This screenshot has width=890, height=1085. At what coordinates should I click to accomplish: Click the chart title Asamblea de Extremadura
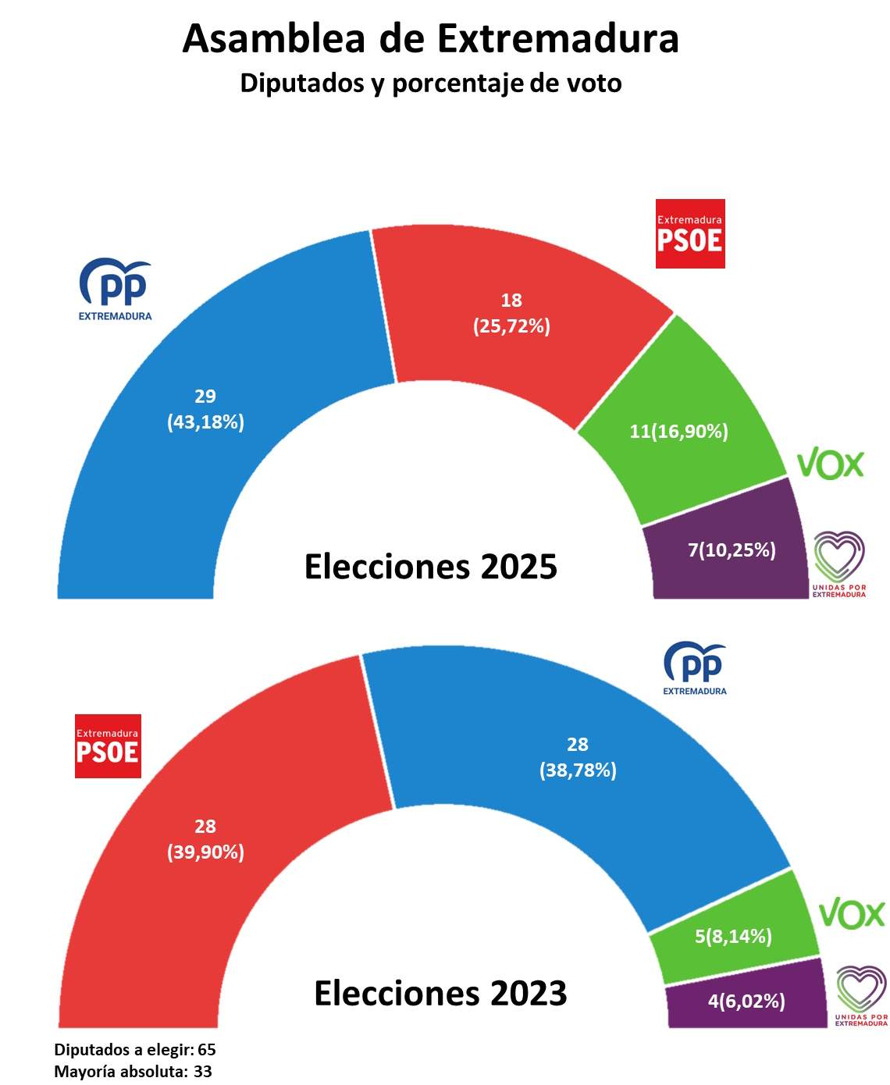430,39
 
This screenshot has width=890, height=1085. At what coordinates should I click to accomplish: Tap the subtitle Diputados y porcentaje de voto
430,83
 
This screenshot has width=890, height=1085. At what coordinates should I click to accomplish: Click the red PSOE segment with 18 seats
511,312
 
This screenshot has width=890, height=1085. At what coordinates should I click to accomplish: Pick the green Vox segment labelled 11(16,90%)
679,431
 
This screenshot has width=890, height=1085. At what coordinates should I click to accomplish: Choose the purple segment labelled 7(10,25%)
731,551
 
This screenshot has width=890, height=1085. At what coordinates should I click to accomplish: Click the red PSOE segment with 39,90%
205,839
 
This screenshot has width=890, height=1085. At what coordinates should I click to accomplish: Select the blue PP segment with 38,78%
578,757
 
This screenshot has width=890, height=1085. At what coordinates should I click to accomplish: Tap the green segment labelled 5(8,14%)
733,936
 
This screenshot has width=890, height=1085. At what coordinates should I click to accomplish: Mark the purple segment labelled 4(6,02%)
746,1001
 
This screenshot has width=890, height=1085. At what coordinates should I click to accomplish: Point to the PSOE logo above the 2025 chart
690,233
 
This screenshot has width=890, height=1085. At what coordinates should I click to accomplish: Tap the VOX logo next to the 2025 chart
830,464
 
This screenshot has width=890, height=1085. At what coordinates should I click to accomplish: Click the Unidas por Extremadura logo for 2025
839,564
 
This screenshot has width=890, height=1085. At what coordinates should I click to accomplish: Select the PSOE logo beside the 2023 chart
108,746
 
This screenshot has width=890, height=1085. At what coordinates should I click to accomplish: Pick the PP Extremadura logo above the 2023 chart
694,668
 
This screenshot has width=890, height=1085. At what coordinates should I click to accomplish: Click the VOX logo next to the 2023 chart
852,913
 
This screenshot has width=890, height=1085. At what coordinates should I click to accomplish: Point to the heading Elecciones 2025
430,566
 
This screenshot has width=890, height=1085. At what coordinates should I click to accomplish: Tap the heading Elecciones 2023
440,993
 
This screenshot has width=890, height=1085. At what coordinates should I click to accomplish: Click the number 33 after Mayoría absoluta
203,1072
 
